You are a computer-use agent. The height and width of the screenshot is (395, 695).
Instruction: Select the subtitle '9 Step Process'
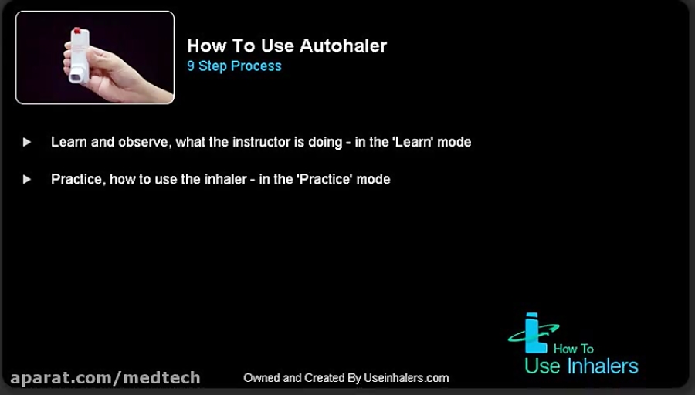(x=234, y=66)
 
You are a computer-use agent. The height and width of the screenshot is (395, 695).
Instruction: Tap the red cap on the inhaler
(x=76, y=32)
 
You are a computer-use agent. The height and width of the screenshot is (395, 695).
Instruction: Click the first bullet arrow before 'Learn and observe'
(x=27, y=142)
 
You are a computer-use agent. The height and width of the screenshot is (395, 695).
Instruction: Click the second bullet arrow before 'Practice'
(x=27, y=179)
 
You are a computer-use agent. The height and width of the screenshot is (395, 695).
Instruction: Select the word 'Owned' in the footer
(x=262, y=378)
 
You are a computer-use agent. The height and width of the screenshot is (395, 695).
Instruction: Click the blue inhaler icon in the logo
(x=531, y=333)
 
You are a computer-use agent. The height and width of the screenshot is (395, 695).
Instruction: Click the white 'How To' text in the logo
(x=574, y=349)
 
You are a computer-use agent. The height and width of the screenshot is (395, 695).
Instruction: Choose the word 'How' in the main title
(x=204, y=46)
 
